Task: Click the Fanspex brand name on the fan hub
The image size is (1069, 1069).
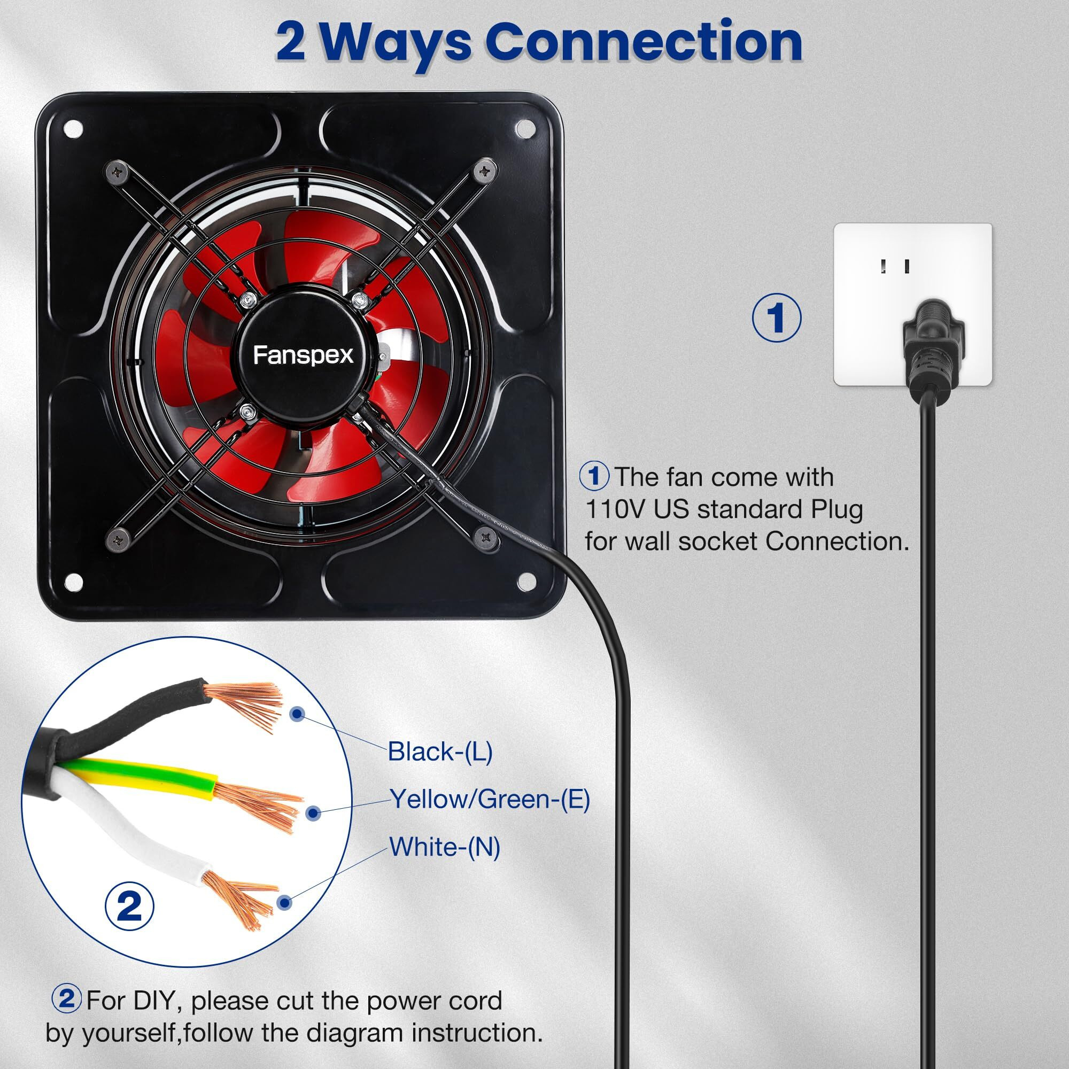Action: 303,355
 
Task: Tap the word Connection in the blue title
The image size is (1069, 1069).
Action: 644,42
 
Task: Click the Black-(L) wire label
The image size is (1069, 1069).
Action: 440,752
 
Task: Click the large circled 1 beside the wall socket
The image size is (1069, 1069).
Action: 776,317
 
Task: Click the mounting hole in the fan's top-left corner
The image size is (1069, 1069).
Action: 73,129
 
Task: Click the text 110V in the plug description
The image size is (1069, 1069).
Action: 616,509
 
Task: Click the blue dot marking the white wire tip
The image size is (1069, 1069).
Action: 284,902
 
